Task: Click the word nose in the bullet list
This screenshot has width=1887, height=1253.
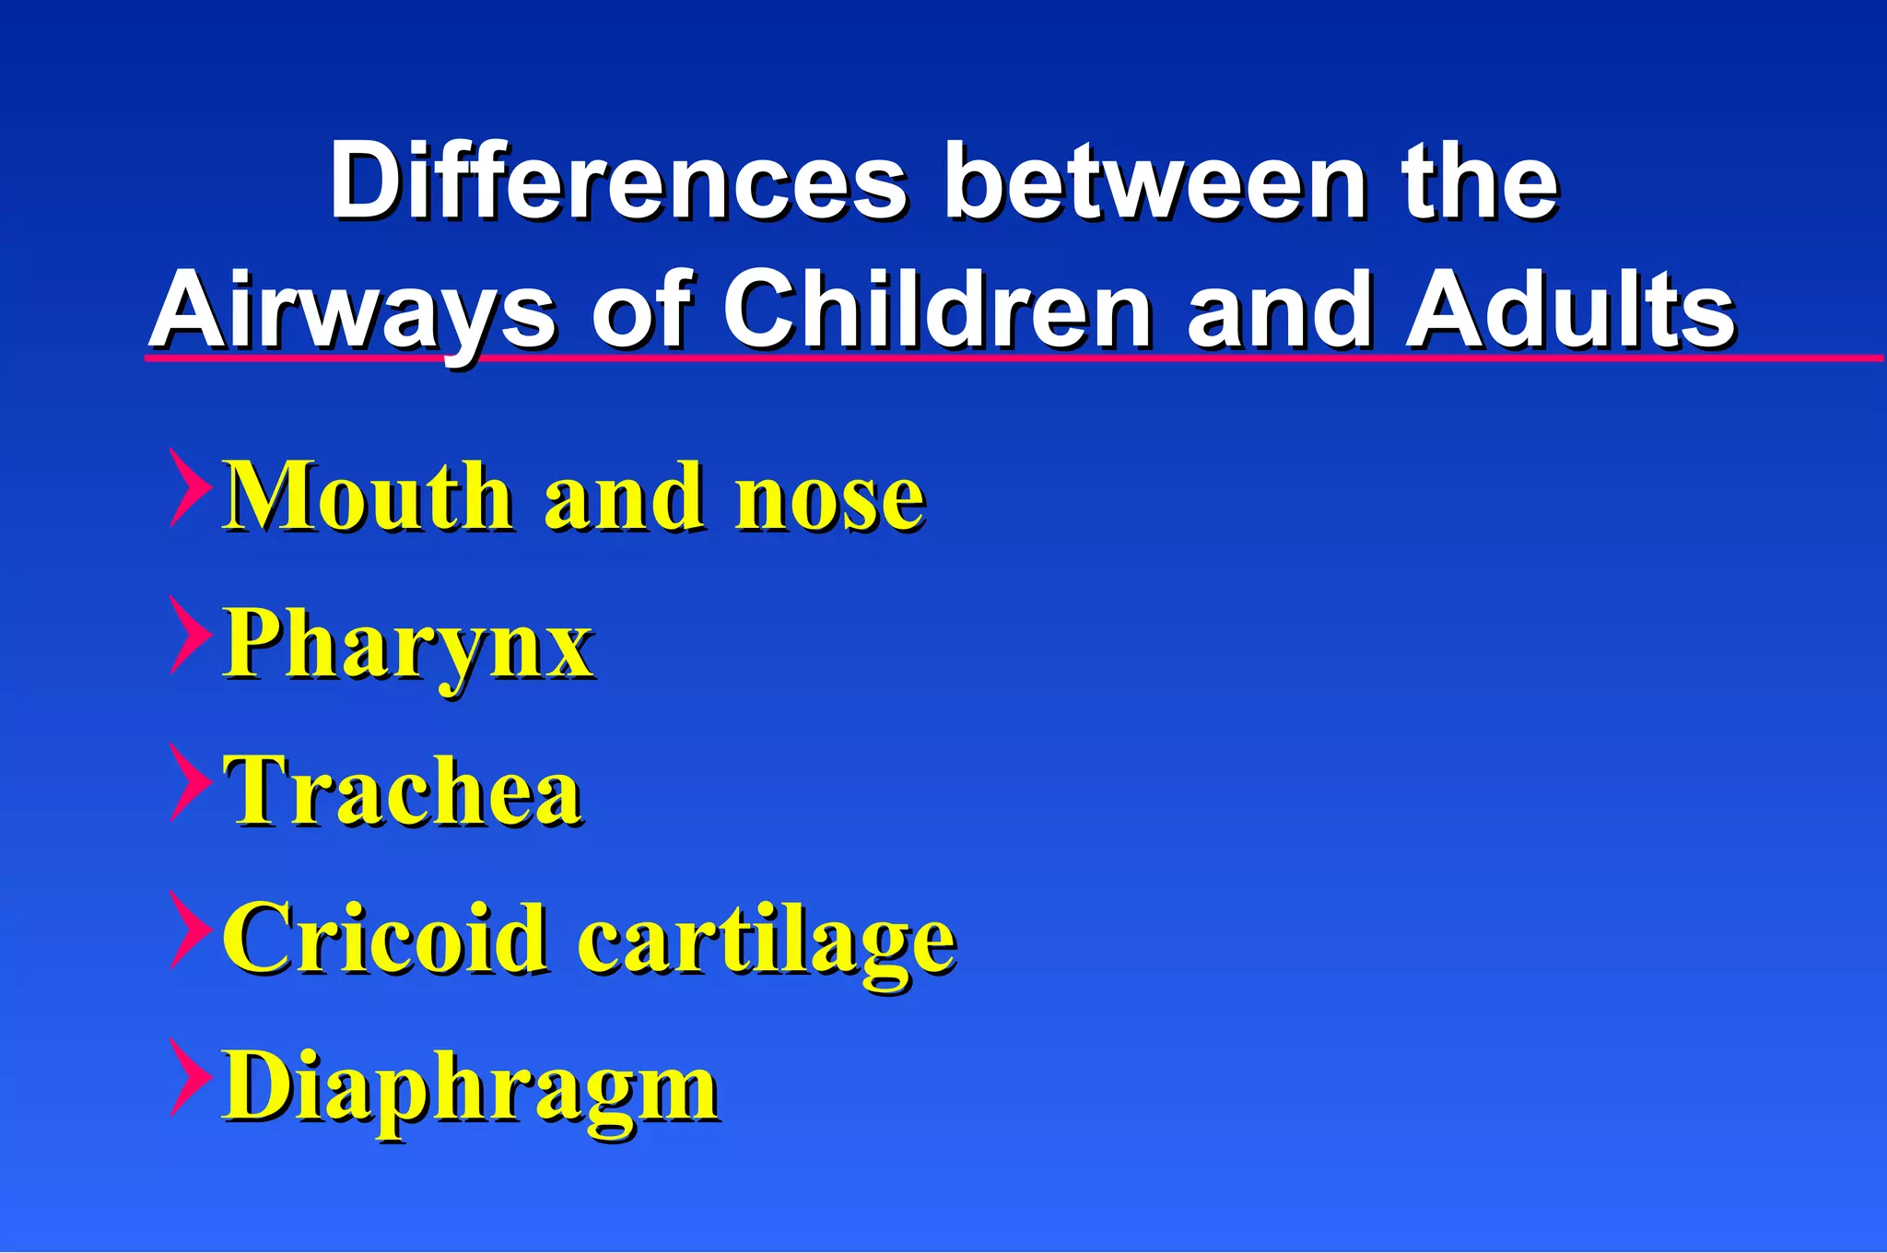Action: [829, 498]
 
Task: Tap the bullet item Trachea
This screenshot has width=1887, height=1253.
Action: [402, 790]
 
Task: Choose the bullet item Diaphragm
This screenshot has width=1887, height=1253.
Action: [471, 1087]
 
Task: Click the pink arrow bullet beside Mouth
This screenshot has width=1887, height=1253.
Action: [190, 487]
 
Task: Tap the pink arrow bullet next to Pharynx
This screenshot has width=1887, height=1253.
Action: [190, 635]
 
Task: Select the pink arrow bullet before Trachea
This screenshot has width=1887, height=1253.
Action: [190, 782]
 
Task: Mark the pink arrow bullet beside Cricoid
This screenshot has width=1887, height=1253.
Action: [190, 930]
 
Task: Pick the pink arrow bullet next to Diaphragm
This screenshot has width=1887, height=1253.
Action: [190, 1077]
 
